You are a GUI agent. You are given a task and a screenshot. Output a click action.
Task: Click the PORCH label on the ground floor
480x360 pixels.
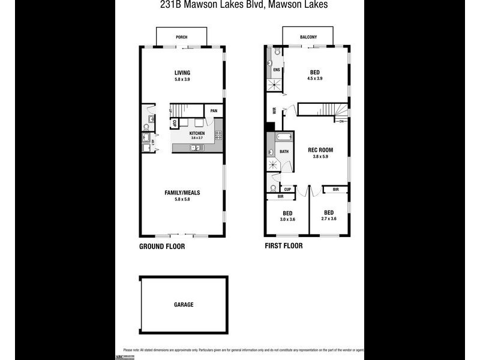(181, 37)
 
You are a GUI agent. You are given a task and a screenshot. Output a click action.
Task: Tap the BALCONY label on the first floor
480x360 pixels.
(308, 37)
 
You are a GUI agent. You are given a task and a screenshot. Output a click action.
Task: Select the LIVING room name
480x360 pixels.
(182, 73)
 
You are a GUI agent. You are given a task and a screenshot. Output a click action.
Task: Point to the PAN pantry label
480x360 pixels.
(214, 111)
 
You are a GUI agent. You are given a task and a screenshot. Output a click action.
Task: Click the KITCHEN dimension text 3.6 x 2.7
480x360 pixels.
(197, 138)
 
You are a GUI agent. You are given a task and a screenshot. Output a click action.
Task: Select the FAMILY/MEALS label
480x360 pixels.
(182, 193)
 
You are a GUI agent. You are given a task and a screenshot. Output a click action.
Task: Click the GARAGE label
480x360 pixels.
(184, 305)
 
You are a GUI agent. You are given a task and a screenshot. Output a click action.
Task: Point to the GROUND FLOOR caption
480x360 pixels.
(162, 247)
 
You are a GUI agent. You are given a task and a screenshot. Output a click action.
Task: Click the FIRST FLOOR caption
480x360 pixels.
(284, 246)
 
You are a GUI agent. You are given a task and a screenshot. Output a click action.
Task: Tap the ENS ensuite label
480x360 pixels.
(276, 70)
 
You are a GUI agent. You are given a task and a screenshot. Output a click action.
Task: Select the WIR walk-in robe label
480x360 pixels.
(274, 110)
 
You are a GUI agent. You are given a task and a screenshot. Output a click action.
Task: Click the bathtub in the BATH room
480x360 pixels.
(283, 137)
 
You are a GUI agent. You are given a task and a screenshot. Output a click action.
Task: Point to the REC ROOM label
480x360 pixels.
(320, 150)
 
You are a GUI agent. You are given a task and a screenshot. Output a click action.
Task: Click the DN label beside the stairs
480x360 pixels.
(341, 122)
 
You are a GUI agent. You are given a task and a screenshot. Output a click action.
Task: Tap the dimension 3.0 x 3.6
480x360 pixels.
(287, 220)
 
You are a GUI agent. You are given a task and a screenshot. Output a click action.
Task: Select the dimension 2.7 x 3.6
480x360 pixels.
(329, 219)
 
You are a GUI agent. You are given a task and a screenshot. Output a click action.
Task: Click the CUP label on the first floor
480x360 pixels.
(287, 190)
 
